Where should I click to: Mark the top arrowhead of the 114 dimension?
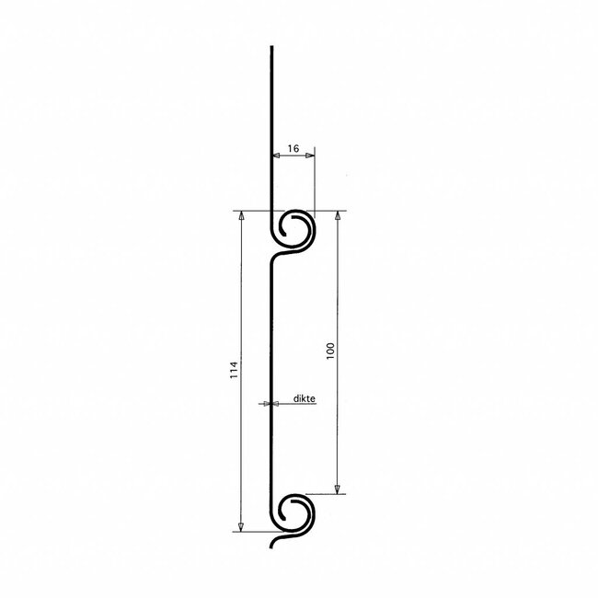click(x=241, y=215)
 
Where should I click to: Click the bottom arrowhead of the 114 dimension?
click(x=241, y=527)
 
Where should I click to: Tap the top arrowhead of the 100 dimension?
click(x=338, y=215)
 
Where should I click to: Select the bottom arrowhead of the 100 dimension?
click(x=338, y=489)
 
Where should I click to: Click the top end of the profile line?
click(x=272, y=47)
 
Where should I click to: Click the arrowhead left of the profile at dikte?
click(x=265, y=404)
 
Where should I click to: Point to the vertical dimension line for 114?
click(x=241, y=294)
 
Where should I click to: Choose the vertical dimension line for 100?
click(x=338, y=276)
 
